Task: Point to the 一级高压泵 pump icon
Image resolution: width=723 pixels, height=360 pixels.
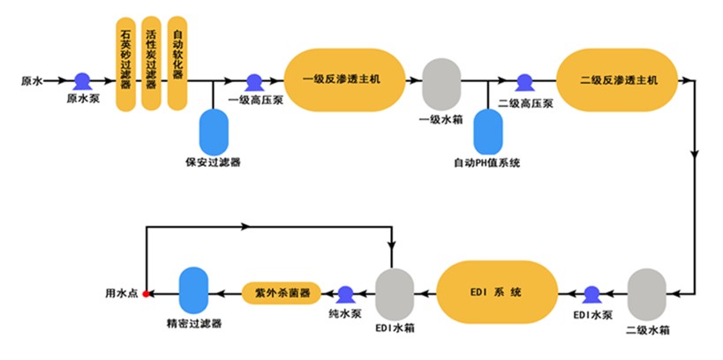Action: click(x=253, y=81)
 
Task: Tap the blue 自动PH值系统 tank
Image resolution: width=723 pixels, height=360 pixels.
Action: click(x=488, y=131)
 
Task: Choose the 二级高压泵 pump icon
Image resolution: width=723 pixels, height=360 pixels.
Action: click(x=524, y=81)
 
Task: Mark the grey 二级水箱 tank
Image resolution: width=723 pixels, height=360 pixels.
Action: click(x=646, y=294)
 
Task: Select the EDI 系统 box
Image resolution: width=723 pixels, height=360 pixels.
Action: click(x=497, y=292)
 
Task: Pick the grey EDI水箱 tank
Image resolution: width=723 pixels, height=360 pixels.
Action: click(x=395, y=293)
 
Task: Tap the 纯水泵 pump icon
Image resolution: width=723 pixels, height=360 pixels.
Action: click(x=343, y=293)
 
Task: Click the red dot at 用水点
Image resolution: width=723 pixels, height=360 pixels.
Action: click(x=146, y=293)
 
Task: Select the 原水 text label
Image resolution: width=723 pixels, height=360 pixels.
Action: click(x=32, y=81)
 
